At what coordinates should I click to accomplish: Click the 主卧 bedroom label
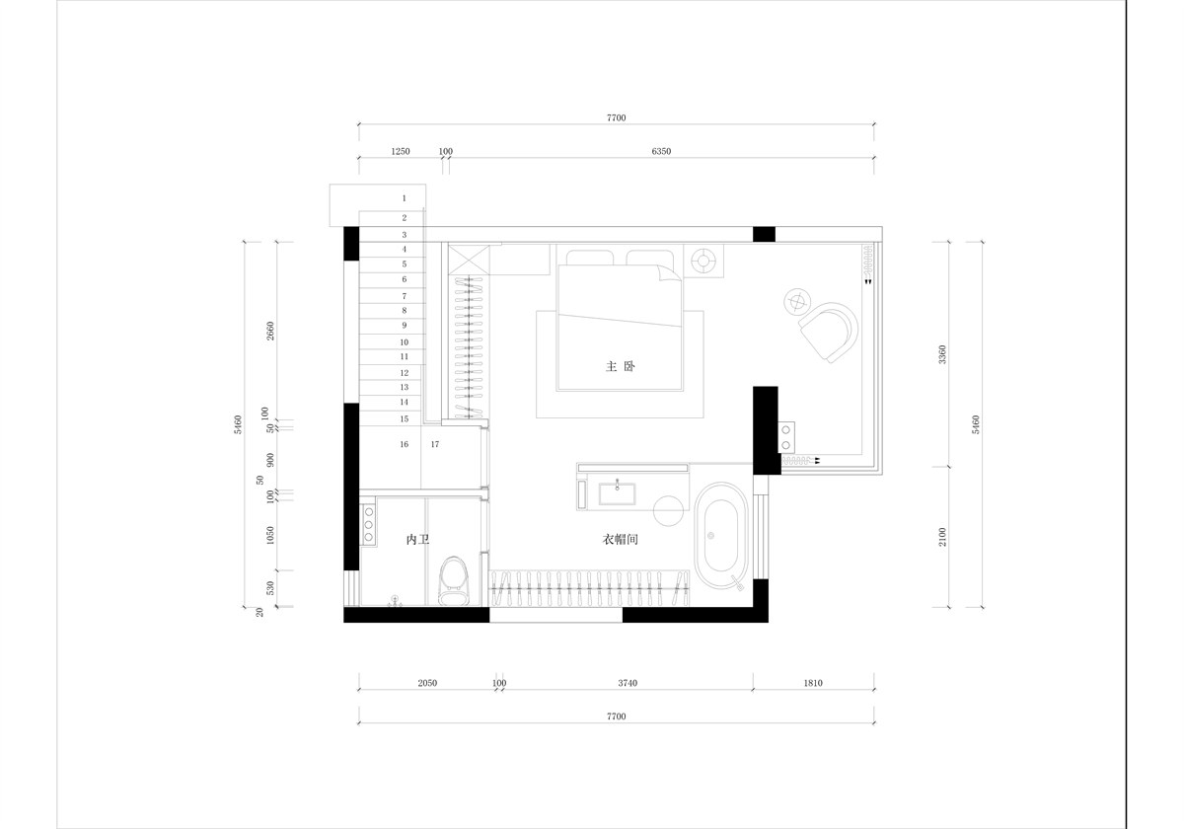pyautogui.click(x=620, y=366)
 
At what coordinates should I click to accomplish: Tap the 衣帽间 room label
pyautogui.click(x=620, y=539)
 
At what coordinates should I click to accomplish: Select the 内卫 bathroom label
pyautogui.click(x=417, y=539)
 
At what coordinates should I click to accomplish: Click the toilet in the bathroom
pyautogui.click(x=454, y=580)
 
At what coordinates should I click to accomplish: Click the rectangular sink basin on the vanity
pyautogui.click(x=617, y=494)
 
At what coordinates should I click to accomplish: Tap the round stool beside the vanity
pyautogui.click(x=669, y=511)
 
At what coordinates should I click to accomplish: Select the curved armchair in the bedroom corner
pyautogui.click(x=828, y=332)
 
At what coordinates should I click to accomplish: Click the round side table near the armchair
pyautogui.click(x=797, y=302)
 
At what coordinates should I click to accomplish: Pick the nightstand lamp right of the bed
pyautogui.click(x=703, y=261)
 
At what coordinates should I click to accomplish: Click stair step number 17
pyautogui.click(x=435, y=444)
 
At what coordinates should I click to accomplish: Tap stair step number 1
pyautogui.click(x=405, y=198)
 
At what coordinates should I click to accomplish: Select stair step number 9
pyautogui.click(x=405, y=325)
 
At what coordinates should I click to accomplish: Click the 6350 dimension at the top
pyautogui.click(x=661, y=151)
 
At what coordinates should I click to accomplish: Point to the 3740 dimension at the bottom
pyautogui.click(x=628, y=683)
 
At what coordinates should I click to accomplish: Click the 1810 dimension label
pyautogui.click(x=813, y=683)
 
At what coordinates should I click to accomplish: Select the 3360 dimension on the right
pyautogui.click(x=942, y=354)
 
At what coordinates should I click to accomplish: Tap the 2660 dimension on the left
pyautogui.click(x=270, y=331)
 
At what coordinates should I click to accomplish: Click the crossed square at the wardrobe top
pyautogui.click(x=469, y=261)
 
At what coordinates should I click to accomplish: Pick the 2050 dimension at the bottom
pyautogui.click(x=427, y=683)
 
